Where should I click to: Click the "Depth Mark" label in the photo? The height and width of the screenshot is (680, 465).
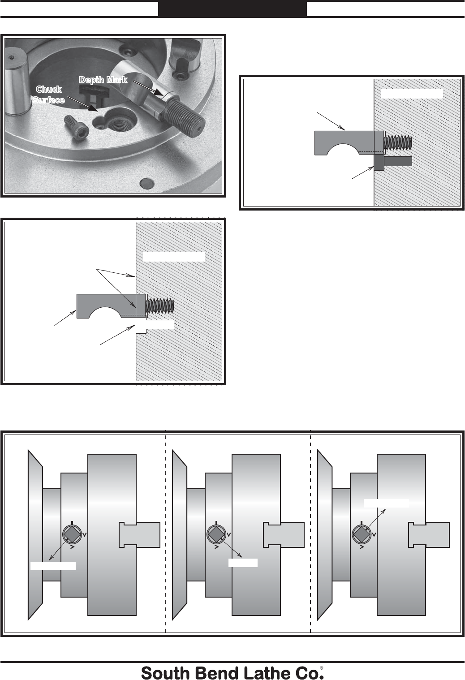(103, 80)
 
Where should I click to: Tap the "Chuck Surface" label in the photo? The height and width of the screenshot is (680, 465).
(49, 95)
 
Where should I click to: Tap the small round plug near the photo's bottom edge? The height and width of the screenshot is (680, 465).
(147, 183)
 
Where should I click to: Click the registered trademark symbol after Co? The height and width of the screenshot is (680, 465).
(322, 668)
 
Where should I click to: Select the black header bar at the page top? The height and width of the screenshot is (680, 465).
(232, 9)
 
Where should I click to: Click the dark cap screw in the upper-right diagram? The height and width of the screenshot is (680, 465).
(393, 162)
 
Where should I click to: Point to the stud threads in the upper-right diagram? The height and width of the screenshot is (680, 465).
(398, 142)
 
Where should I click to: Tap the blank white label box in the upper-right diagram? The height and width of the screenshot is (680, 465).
(412, 94)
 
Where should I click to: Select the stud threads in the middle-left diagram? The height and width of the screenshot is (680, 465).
(160, 306)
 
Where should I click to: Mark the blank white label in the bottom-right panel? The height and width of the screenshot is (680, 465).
(386, 503)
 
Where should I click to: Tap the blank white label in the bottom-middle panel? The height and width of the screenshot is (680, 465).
(243, 563)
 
